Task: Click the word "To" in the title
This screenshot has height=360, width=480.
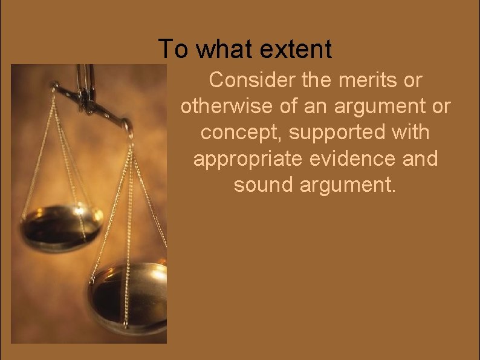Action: (174, 49)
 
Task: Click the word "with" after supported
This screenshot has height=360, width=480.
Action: (410, 133)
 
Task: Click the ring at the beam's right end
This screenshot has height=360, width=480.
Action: (128, 127)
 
